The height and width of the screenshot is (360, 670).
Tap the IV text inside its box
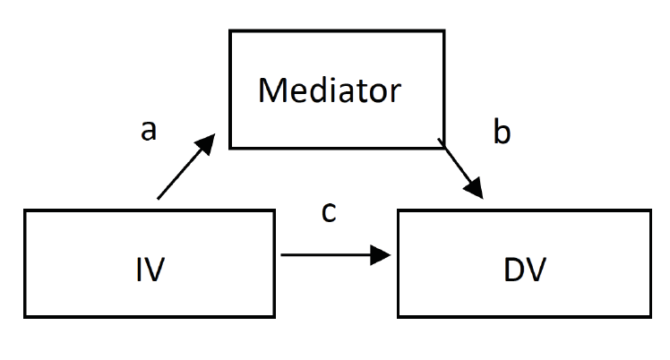point(150,269)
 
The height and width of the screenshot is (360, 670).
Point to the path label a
point(149,131)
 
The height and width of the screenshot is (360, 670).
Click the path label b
point(502,133)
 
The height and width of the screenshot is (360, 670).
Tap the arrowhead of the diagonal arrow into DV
point(475,190)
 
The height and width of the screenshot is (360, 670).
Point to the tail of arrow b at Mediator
point(438,140)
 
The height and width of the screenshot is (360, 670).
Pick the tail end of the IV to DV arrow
point(282,256)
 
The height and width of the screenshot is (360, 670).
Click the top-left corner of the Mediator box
point(230,32)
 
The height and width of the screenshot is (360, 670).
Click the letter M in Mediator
point(271,90)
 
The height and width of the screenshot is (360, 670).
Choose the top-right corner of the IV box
point(274,210)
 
